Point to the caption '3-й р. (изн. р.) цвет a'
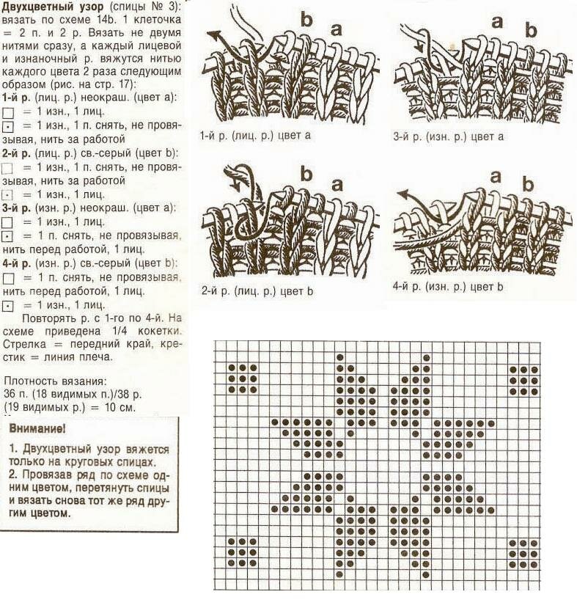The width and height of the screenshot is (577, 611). tap(449, 136)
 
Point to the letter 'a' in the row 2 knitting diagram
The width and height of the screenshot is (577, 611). tap(337, 185)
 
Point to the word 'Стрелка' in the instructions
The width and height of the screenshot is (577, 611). tap(23, 343)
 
